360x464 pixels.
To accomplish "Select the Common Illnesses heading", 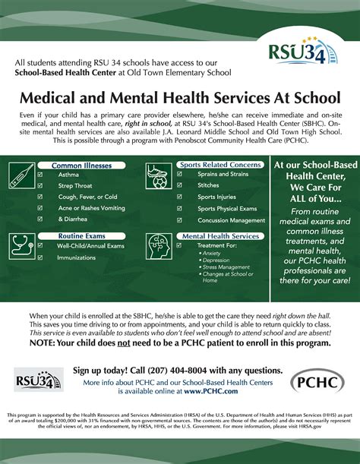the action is tap(81, 165).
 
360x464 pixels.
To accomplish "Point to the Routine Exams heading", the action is tap(81, 236).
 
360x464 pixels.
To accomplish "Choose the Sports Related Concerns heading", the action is tap(219, 165).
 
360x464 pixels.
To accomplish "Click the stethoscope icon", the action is tap(21, 248).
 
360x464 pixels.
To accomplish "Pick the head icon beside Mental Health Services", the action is tap(159, 248).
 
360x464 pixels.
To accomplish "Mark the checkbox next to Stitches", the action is tap(178, 185).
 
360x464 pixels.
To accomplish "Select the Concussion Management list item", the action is tap(231, 220).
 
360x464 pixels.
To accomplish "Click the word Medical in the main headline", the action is tap(58, 99).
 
